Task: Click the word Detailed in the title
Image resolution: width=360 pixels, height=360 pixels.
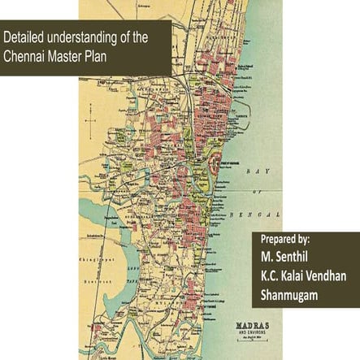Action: point(25,37)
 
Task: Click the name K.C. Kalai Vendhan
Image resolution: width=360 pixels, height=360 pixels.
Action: point(304,275)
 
